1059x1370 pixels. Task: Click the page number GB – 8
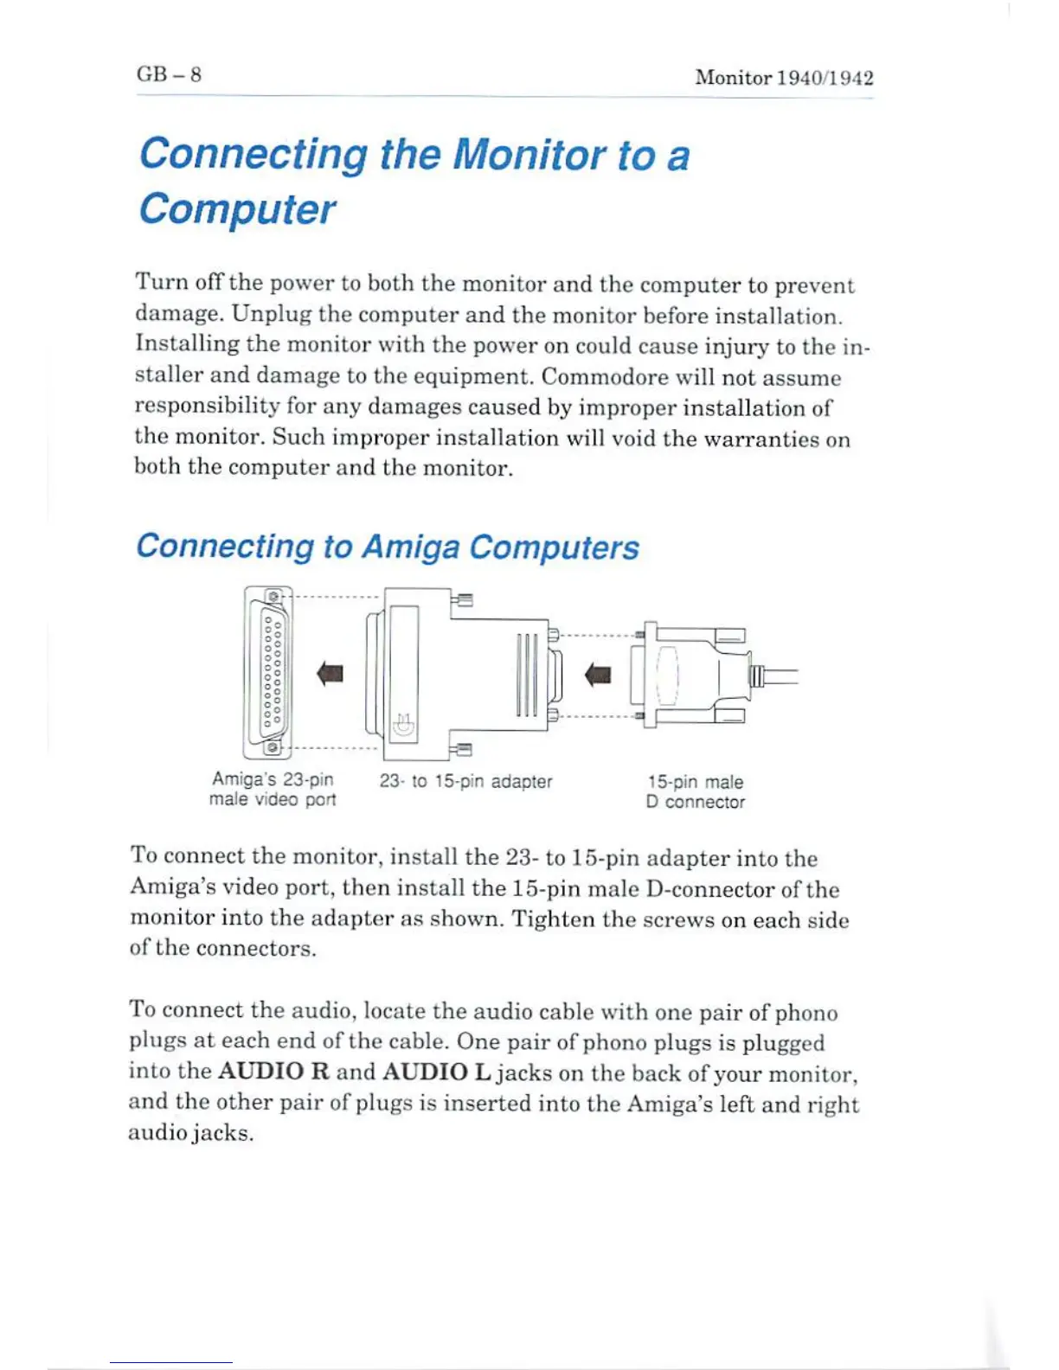[x=169, y=74]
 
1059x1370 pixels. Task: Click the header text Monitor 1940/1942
[x=784, y=78]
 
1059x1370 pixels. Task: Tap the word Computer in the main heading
[x=237, y=209]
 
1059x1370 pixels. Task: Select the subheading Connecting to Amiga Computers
[x=388, y=547]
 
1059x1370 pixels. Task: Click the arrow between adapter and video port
[x=330, y=673]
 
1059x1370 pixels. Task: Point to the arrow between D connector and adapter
[x=598, y=674]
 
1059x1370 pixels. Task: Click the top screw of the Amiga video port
[x=273, y=597]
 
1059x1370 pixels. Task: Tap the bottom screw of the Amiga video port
[x=273, y=746]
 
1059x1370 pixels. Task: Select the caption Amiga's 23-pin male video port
[x=273, y=790]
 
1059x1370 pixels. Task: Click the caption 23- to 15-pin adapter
[x=465, y=781]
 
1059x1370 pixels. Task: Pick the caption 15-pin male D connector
[x=696, y=791]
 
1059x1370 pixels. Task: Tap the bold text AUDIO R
[x=273, y=1072]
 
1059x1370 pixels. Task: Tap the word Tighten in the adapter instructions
[x=554, y=919]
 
